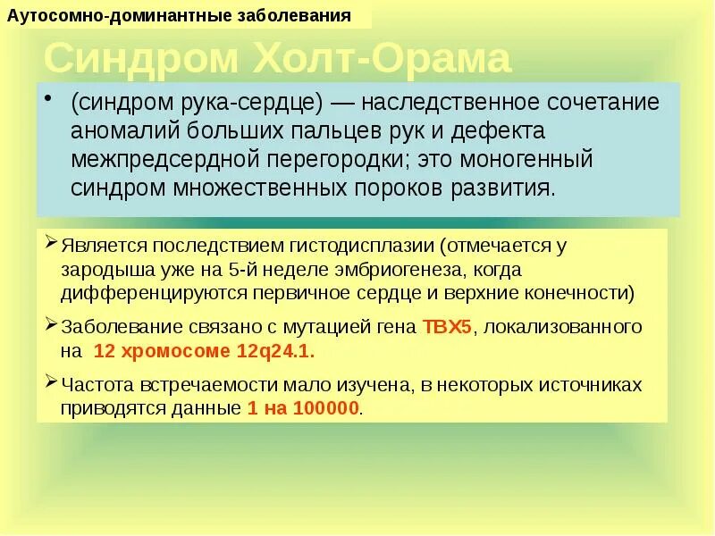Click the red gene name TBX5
coord(446,325)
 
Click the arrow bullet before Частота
coord(54,384)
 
